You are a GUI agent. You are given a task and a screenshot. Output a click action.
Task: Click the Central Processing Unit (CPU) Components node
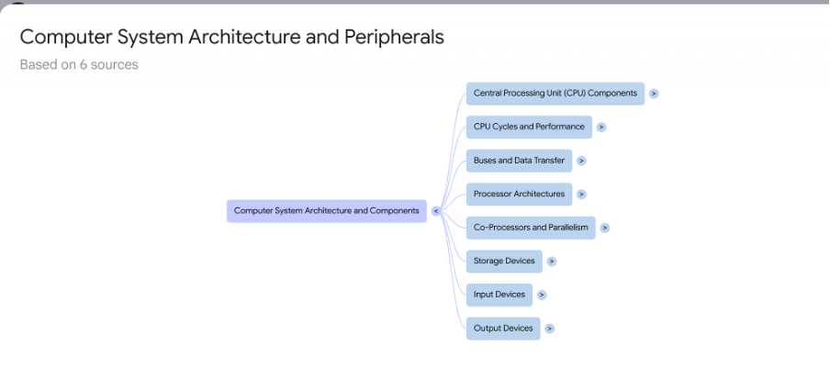click(555, 93)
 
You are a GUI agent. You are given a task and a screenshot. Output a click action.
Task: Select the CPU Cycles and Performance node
click(529, 127)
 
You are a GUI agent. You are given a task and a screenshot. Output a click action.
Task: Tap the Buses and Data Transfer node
click(519, 161)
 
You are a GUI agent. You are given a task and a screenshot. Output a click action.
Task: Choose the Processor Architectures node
click(519, 194)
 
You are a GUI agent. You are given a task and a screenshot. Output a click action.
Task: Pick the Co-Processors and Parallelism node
click(531, 228)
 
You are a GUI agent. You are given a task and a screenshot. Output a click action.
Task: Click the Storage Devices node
click(504, 261)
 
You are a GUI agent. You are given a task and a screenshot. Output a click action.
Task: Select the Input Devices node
click(499, 295)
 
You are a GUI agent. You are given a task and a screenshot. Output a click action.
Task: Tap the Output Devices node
click(503, 328)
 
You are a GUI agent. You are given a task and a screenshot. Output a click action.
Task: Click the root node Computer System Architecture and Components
click(326, 210)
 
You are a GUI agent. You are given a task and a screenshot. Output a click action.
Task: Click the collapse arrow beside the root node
click(436, 211)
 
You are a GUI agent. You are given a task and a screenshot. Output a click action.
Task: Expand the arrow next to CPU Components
click(654, 94)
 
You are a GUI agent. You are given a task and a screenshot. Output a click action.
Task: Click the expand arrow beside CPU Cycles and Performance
click(601, 127)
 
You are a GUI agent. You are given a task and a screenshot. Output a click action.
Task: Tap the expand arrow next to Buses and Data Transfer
click(581, 161)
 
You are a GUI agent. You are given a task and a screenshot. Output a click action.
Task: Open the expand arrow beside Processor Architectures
click(581, 194)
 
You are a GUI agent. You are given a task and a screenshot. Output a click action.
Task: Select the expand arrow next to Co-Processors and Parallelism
click(605, 228)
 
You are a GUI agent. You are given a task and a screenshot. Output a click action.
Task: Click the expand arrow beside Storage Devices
click(551, 261)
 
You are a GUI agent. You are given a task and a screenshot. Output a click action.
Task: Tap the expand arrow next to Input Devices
click(542, 295)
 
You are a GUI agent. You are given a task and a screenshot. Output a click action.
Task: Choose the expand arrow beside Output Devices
click(549, 328)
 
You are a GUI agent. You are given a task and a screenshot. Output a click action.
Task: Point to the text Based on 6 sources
click(79, 65)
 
